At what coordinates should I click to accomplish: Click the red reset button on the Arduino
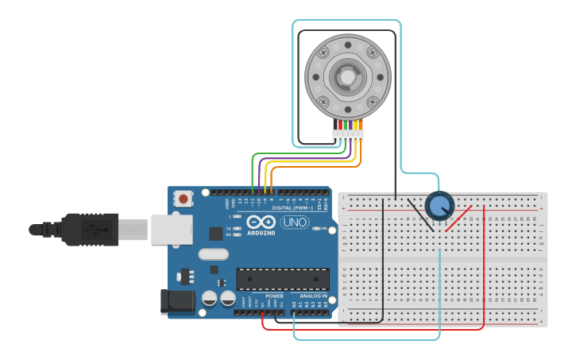point(184,198)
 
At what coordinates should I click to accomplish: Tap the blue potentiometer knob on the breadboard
point(439,206)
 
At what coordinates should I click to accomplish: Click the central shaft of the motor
point(348,77)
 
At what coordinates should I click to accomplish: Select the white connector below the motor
point(348,136)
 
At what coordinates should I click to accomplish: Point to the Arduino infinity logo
point(261,222)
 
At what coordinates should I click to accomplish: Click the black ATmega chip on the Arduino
point(282,279)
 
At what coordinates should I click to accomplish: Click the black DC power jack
point(176,300)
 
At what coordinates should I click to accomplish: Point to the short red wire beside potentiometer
point(459,219)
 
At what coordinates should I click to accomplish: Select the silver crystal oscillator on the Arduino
point(213,254)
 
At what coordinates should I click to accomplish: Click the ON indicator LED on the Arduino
point(316,229)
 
